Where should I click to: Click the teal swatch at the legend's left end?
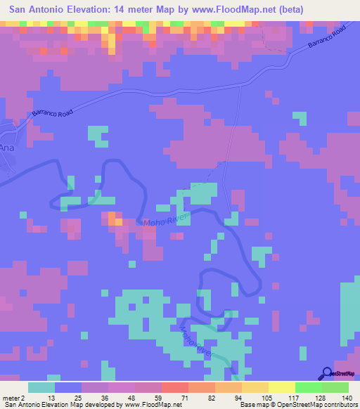pyautogui.click(x=41, y=387)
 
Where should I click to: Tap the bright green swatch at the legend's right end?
pyautogui.click(x=335, y=387)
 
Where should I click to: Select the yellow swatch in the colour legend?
pyautogui.click(x=281, y=387)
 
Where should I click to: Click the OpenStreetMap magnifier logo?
pyautogui.click(x=328, y=373)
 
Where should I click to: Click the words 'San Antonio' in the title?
pyautogui.click(x=32, y=8)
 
